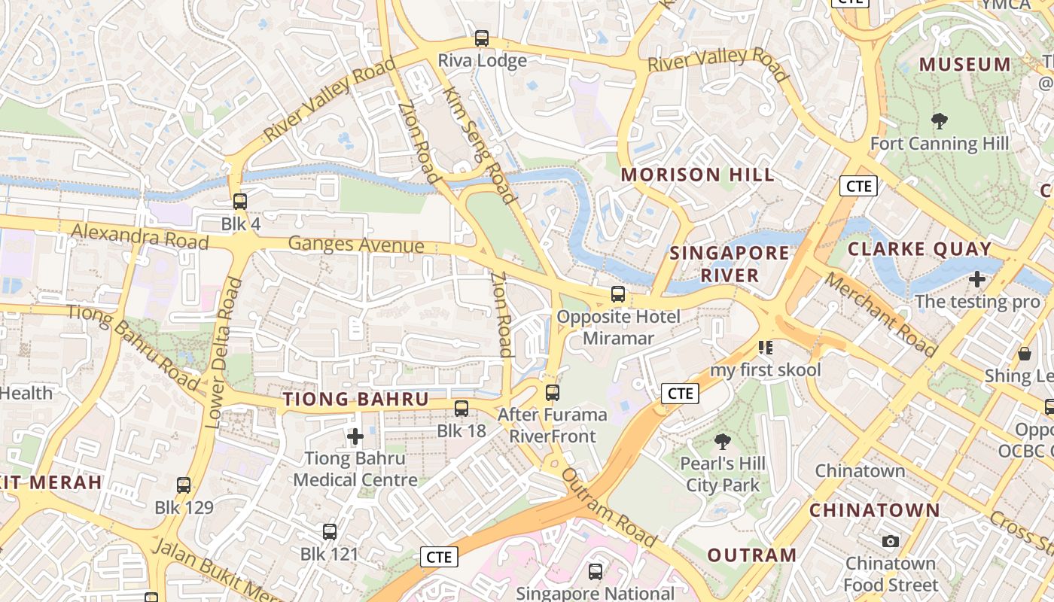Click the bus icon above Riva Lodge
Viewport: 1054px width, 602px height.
click(x=481, y=38)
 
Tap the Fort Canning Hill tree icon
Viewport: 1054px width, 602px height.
click(x=939, y=120)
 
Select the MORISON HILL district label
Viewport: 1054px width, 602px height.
click(x=697, y=175)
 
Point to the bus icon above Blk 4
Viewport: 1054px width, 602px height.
click(x=239, y=201)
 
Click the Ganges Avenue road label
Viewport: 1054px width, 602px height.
click(x=356, y=245)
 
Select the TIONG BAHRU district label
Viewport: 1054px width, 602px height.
click(x=355, y=400)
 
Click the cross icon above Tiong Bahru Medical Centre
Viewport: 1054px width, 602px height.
click(x=355, y=436)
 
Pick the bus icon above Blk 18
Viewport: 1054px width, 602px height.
click(x=461, y=409)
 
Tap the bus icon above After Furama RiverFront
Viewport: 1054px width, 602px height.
click(x=552, y=392)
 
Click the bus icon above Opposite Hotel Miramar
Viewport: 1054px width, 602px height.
click(x=617, y=294)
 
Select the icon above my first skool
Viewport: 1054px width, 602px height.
click(x=766, y=347)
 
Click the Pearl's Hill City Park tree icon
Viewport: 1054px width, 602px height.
click(x=722, y=441)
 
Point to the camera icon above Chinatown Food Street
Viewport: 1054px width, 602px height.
click(x=890, y=541)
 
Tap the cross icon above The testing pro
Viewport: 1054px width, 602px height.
click(x=976, y=279)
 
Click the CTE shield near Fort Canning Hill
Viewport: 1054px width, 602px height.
click(x=858, y=185)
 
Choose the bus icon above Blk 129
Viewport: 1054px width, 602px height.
click(x=184, y=485)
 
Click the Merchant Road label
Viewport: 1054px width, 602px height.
click(x=880, y=315)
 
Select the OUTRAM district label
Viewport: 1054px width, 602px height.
click(x=751, y=555)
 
